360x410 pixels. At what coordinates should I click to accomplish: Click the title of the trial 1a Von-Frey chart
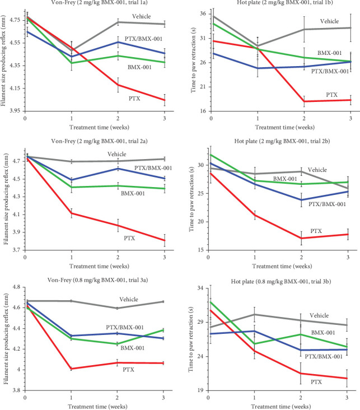click(90, 4)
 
